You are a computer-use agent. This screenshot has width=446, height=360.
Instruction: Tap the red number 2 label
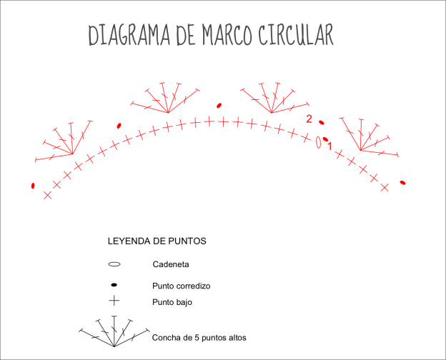(x=309, y=119)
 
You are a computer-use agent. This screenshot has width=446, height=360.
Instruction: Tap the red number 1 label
(x=329, y=146)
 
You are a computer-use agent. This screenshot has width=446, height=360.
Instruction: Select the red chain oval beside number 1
(x=318, y=141)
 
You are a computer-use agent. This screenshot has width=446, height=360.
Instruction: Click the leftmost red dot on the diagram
(x=33, y=186)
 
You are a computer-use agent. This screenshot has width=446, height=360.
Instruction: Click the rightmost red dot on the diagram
(x=403, y=183)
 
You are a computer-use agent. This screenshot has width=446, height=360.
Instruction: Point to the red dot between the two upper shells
(x=219, y=105)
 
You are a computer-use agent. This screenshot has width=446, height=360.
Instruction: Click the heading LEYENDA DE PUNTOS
(x=157, y=241)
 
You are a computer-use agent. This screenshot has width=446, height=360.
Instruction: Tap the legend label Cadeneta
(x=171, y=264)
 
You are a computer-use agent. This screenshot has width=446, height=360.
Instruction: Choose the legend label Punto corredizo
(x=182, y=286)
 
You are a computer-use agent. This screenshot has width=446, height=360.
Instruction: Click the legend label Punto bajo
(x=172, y=302)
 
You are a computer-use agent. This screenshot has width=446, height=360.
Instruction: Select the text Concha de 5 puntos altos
(x=199, y=336)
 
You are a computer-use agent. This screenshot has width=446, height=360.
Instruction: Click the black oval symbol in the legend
(x=114, y=264)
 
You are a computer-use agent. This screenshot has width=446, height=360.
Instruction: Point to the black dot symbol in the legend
(x=114, y=285)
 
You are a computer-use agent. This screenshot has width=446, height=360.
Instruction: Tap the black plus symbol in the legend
(x=114, y=301)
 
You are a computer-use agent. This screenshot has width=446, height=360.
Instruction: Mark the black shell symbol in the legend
(x=114, y=333)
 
